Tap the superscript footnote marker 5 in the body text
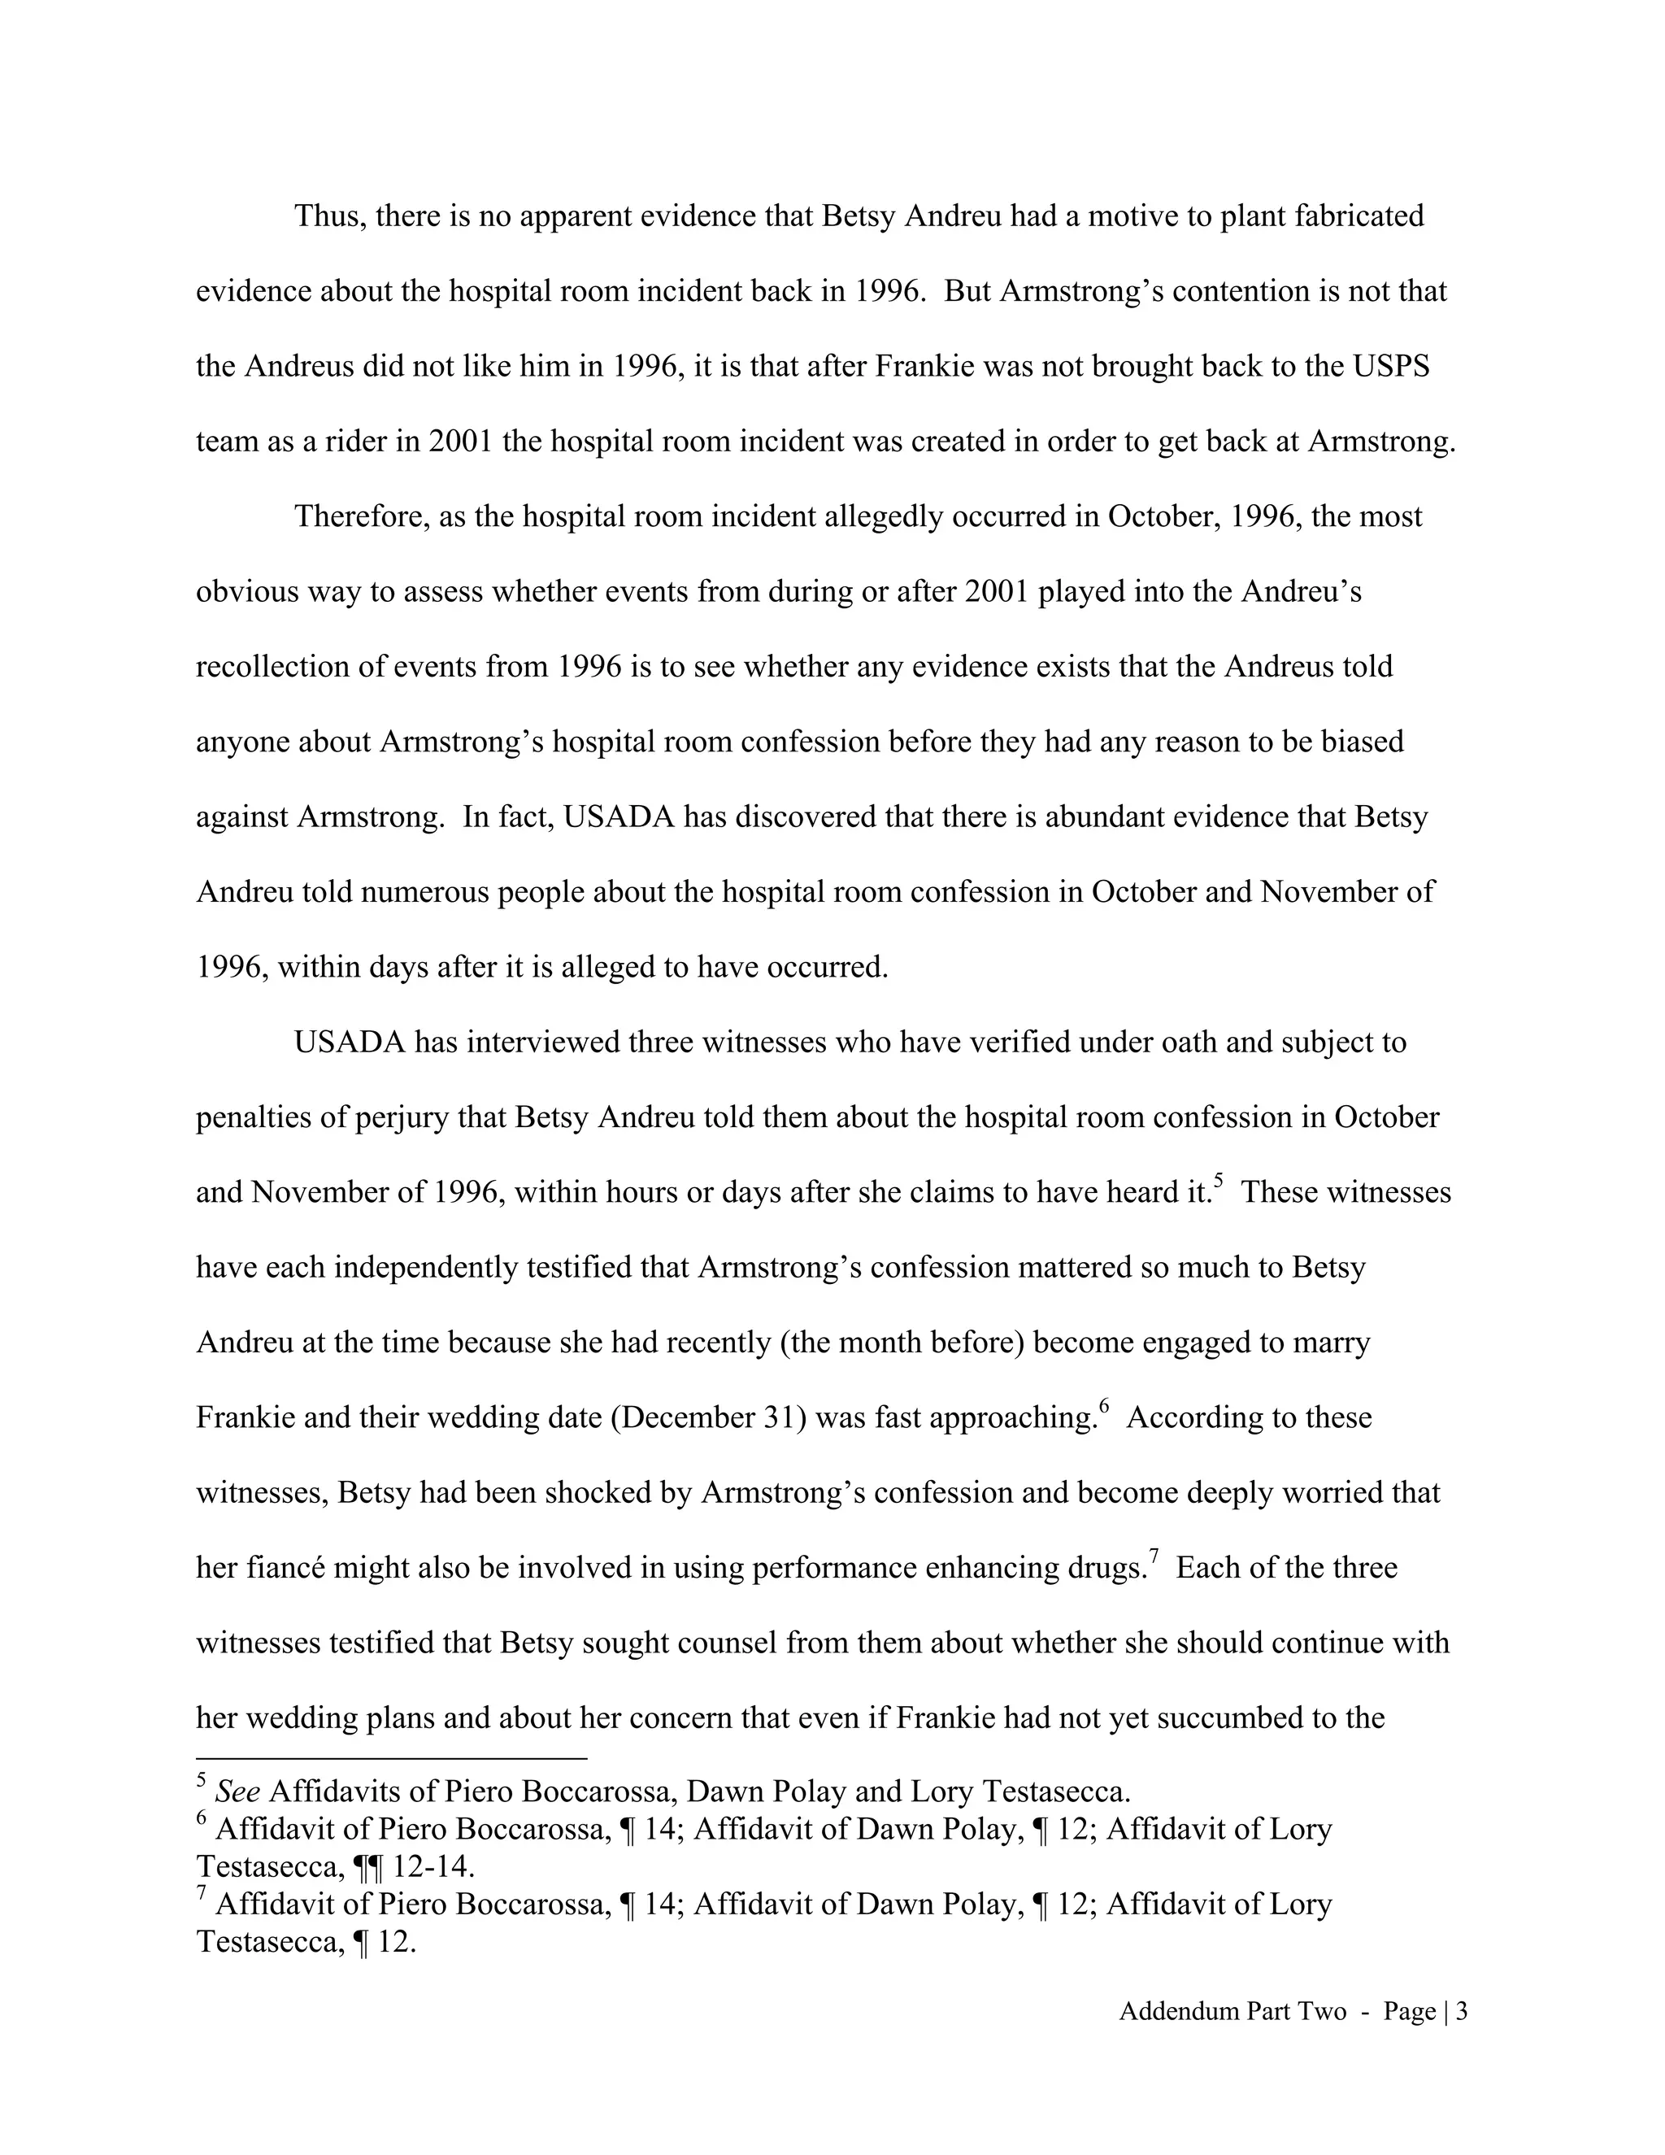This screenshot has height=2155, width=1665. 1219,1180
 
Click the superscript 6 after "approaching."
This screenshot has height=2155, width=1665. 1105,1406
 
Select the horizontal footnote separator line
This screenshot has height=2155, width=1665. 392,1758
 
